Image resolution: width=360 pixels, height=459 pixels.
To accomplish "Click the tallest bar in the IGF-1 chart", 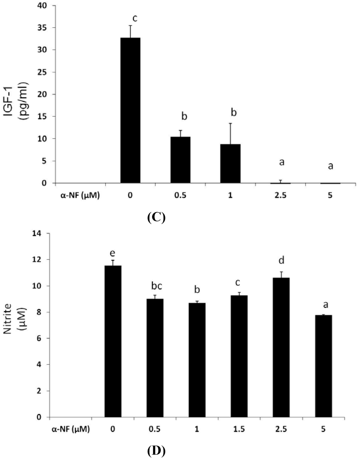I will tap(130, 110).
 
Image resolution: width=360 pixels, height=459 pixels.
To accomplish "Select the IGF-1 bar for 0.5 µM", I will tap(180, 160).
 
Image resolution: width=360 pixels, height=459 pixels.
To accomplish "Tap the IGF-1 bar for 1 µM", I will tap(230, 163).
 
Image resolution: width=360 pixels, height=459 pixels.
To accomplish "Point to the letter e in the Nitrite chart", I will tap(113, 253).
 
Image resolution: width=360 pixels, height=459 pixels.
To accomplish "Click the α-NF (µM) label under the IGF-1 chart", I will tap(79, 196).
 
